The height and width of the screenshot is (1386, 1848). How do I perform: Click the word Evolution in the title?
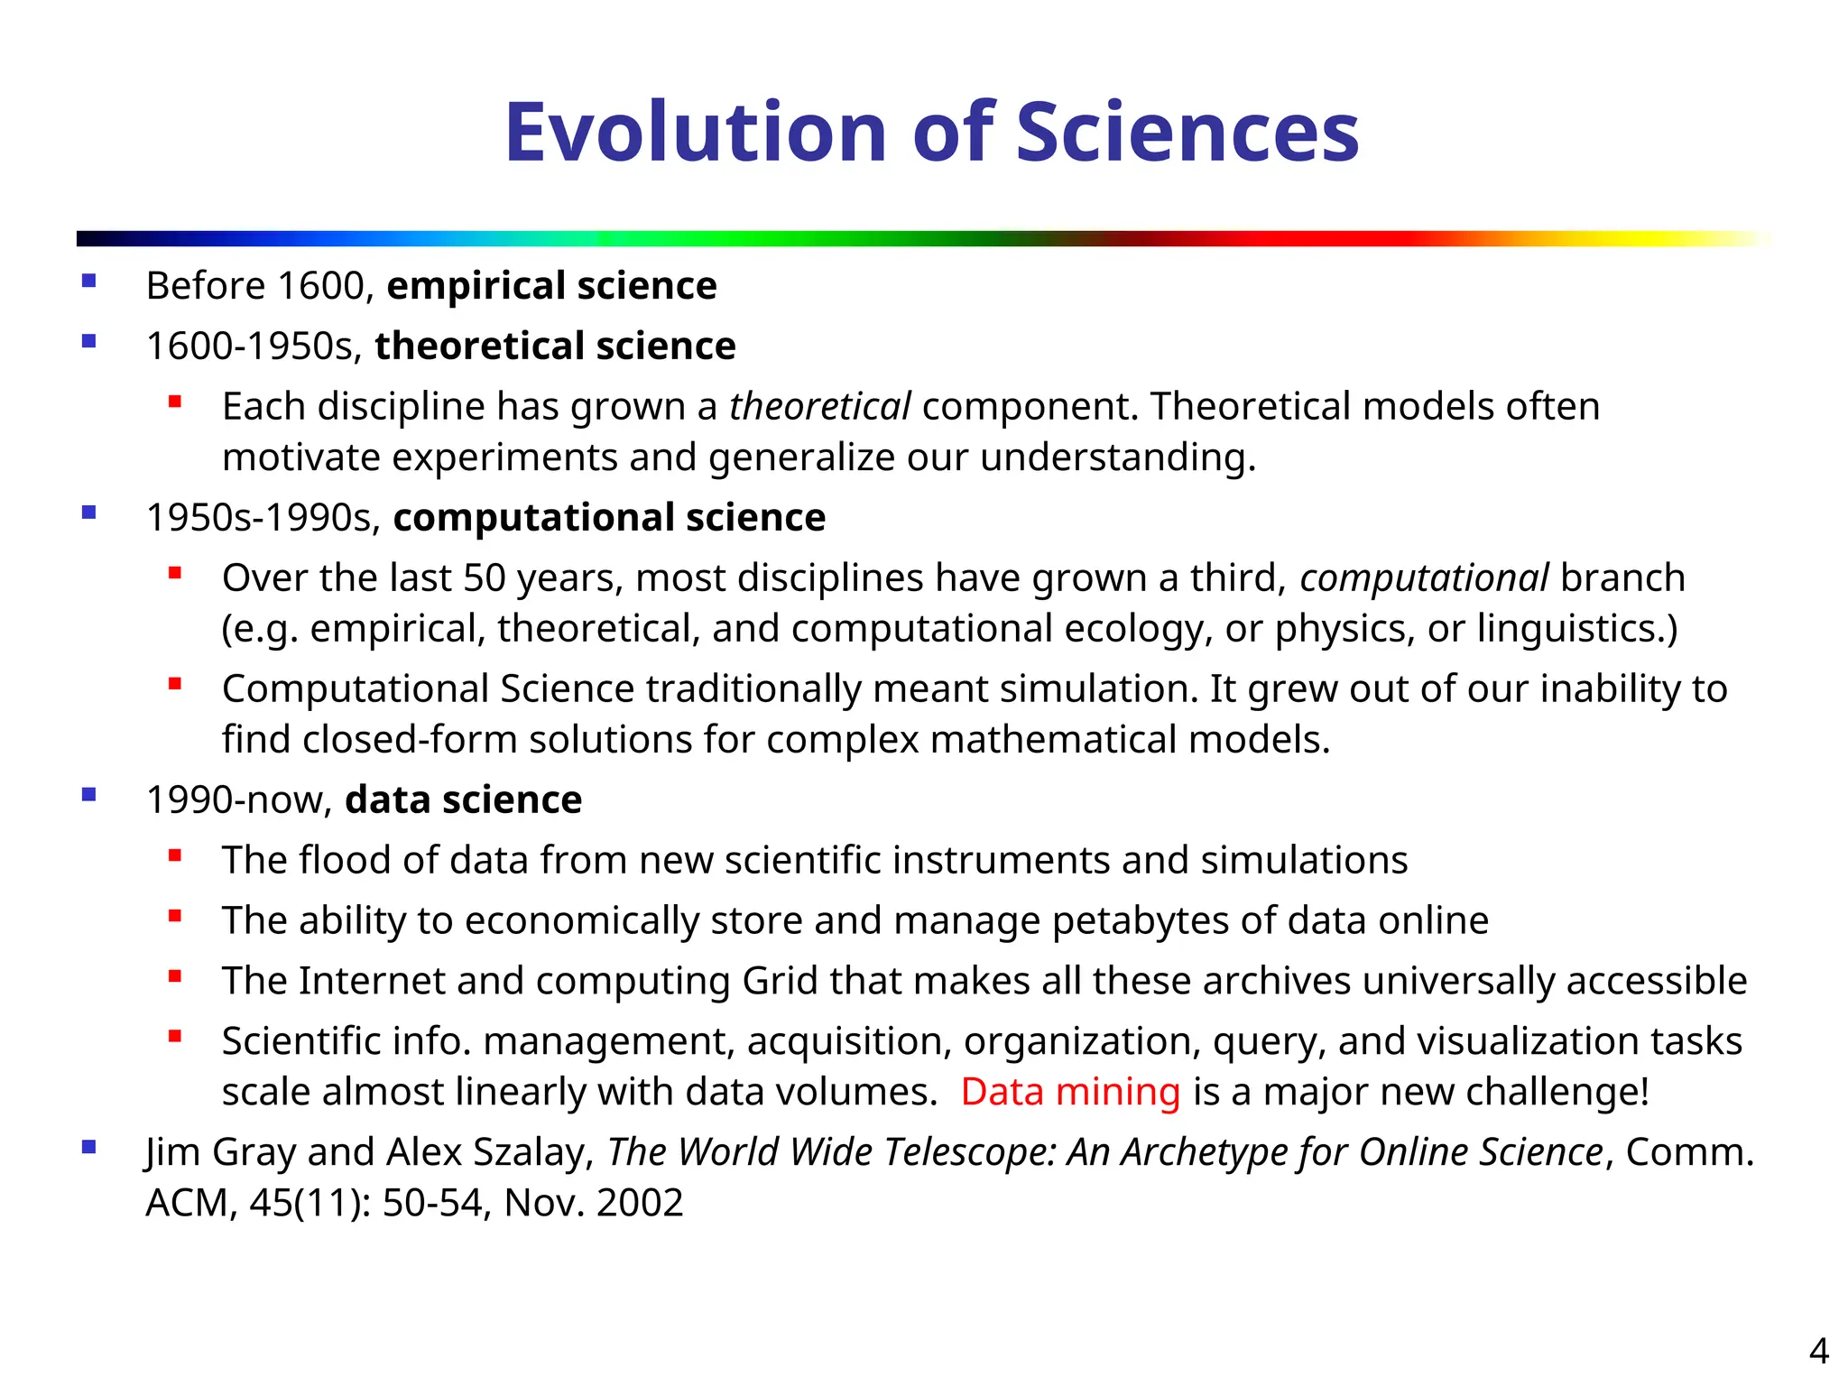tap(696, 133)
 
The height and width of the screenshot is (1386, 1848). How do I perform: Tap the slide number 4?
tap(1818, 1351)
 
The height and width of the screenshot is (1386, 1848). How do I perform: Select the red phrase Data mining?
tap(1070, 1092)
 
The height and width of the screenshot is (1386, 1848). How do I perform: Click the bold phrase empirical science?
tap(551, 286)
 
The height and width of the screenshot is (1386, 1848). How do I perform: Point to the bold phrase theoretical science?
tap(555, 346)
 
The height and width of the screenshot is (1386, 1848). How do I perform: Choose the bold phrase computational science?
tap(609, 518)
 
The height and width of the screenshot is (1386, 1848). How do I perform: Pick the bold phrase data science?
tap(463, 800)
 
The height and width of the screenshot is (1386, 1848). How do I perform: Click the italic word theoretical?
tap(819, 407)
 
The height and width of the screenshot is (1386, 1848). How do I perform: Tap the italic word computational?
tap(1424, 578)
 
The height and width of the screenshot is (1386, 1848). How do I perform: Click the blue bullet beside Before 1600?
tap(88, 282)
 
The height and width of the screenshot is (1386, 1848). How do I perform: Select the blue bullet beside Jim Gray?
tap(88, 1148)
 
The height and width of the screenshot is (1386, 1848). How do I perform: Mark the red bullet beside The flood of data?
tap(175, 855)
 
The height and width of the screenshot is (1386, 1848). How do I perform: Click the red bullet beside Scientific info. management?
tap(175, 1037)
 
